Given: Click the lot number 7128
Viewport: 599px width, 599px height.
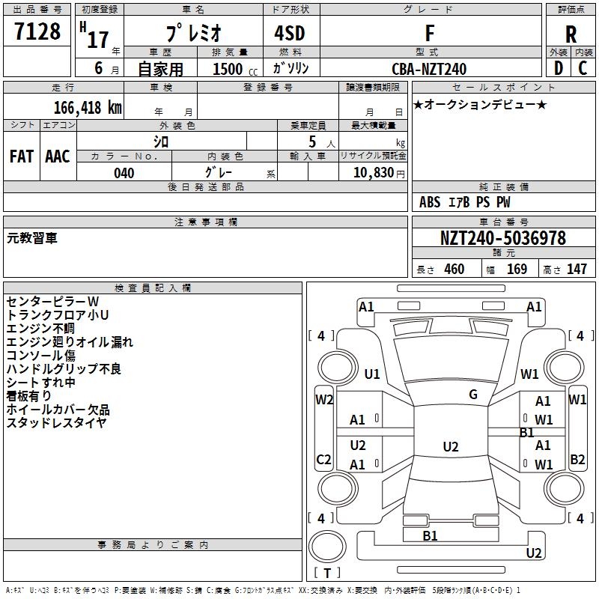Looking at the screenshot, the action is pos(37,32).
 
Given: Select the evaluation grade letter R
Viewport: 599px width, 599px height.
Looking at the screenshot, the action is pos(571,34).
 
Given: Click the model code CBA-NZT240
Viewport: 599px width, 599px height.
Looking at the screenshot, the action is pos(430,69).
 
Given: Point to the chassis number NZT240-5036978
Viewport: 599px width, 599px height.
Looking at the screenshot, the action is pos(502,239).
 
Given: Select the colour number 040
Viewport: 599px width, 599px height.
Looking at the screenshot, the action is pos(124,173).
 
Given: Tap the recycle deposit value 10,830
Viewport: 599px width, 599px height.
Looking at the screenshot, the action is pos(372,173).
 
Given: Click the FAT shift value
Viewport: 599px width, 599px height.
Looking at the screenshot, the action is pos(22,156).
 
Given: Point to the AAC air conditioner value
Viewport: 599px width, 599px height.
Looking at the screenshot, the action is pos(58,156).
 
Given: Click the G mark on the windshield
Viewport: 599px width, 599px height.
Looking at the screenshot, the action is pos(473,395).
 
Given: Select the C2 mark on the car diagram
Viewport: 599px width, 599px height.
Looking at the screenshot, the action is pos(324,459).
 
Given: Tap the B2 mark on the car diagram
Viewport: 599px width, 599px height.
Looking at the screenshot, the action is pos(577,459).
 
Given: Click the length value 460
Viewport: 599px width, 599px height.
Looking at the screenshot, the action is pos(454,269).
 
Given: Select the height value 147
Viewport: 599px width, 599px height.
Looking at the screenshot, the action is pos(577,269).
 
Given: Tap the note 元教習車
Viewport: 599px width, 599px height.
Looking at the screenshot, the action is pos(31,238).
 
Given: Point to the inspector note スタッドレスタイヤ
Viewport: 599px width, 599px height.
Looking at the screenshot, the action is pos(56,422).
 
